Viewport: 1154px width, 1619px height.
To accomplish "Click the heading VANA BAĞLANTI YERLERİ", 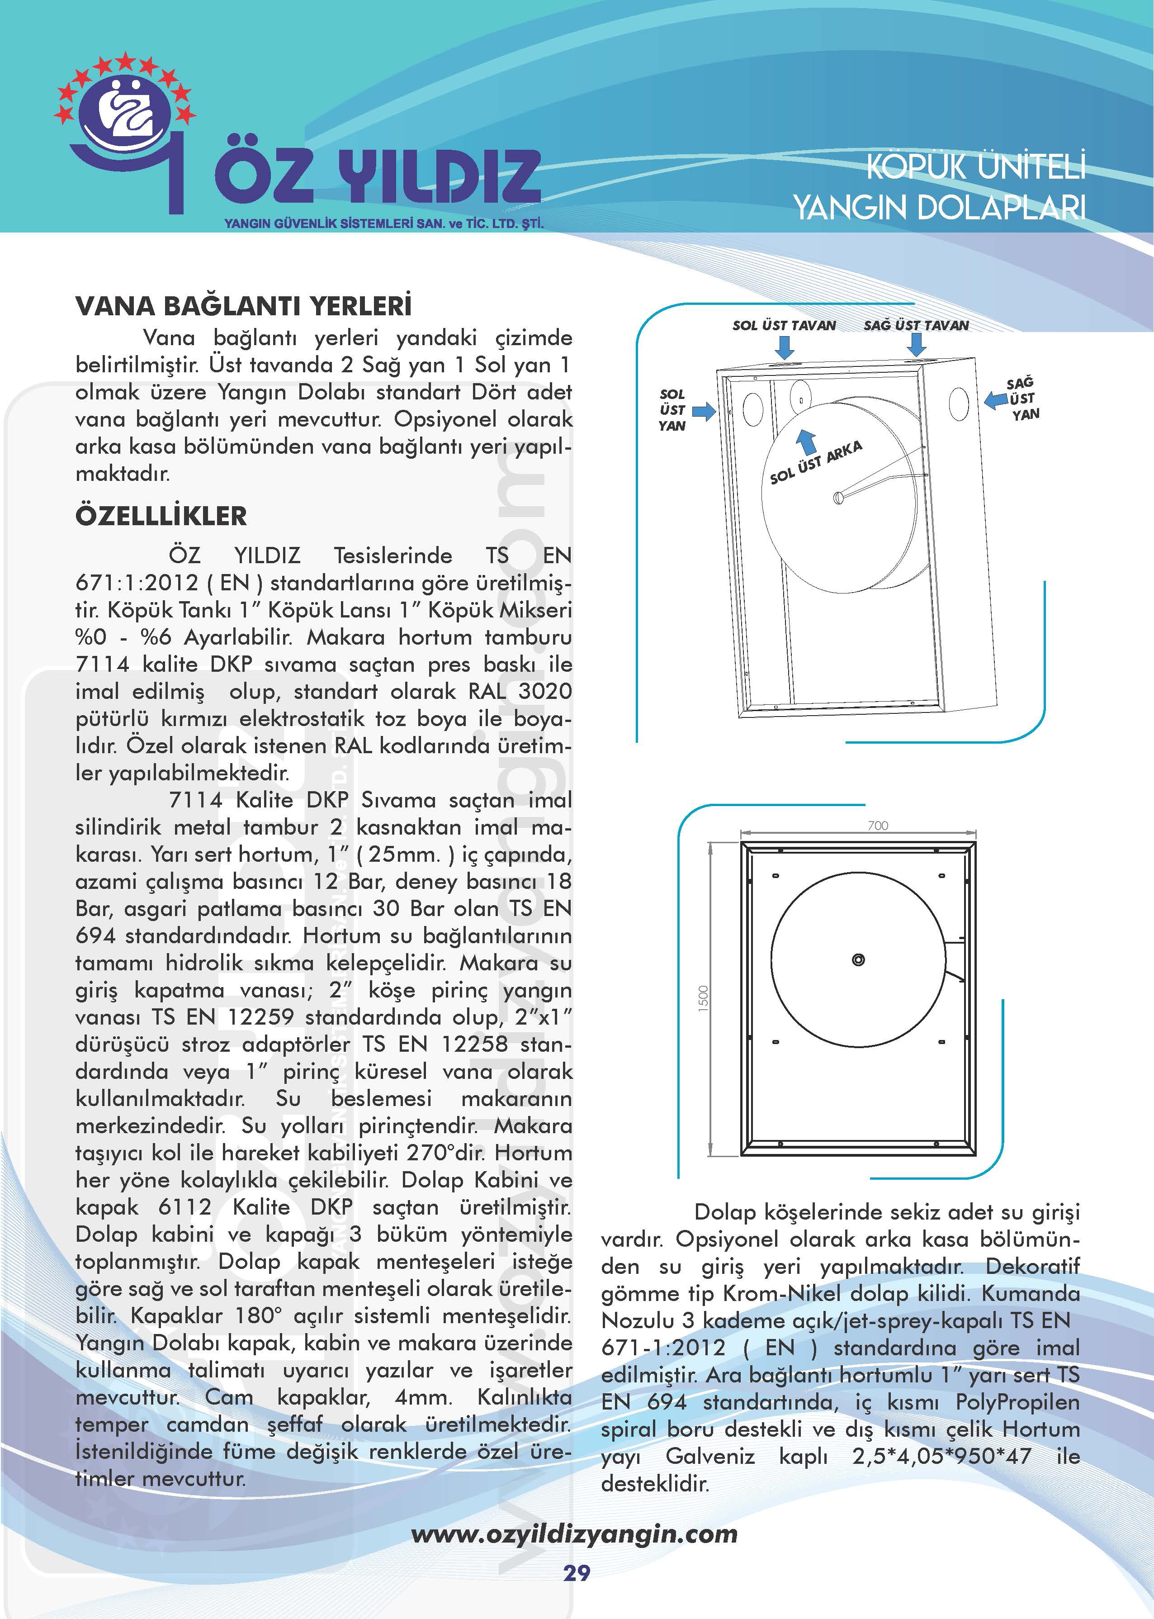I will pyautogui.click(x=243, y=306).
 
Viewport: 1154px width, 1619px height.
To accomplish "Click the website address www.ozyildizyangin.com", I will pyautogui.click(x=574, y=1533).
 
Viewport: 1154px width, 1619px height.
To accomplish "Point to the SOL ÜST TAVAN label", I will pyautogui.click(x=784, y=326).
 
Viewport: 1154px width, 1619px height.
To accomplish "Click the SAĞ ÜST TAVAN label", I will pyautogui.click(x=916, y=326).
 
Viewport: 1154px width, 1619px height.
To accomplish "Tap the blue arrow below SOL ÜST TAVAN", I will pyautogui.click(x=785, y=347).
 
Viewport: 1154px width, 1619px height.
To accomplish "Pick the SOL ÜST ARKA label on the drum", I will pyautogui.click(x=816, y=462).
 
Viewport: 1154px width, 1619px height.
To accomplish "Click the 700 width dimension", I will pyautogui.click(x=878, y=825).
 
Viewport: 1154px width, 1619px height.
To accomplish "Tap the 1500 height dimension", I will pyautogui.click(x=704, y=998).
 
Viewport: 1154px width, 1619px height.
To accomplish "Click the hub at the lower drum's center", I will pyautogui.click(x=858, y=960).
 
